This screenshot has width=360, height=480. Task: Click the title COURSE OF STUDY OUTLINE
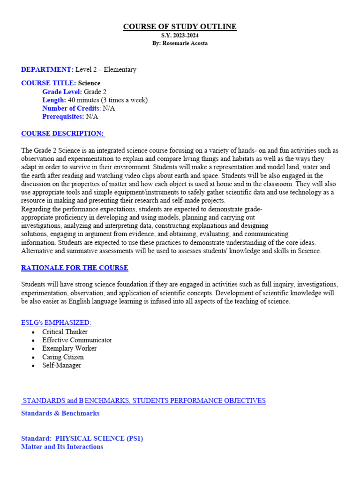[x=180, y=27]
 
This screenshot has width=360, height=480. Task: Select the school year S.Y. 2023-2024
[x=180, y=36]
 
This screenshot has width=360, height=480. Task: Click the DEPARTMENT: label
[x=47, y=69]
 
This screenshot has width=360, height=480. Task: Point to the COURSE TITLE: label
[x=49, y=83]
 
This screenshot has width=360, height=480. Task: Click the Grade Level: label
[x=62, y=91]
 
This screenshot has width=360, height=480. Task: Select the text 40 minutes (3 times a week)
[x=108, y=100]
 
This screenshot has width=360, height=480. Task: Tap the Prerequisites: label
[x=63, y=117]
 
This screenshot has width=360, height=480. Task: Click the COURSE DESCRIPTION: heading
[x=63, y=134]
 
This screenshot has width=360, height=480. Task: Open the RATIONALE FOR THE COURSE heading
[x=75, y=268]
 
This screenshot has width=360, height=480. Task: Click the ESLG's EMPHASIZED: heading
[x=56, y=323]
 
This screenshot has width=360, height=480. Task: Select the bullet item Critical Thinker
[x=65, y=331]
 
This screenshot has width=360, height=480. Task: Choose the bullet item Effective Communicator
[x=77, y=340]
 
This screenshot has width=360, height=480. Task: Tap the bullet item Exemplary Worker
[x=69, y=348]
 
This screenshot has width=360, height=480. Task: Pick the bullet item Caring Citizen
[x=63, y=357]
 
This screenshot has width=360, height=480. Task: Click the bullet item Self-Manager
[x=61, y=365]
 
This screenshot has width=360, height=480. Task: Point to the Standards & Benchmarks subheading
[x=60, y=413]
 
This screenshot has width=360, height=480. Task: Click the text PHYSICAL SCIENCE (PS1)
[x=99, y=438]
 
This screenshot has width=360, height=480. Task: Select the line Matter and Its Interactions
[x=62, y=447]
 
